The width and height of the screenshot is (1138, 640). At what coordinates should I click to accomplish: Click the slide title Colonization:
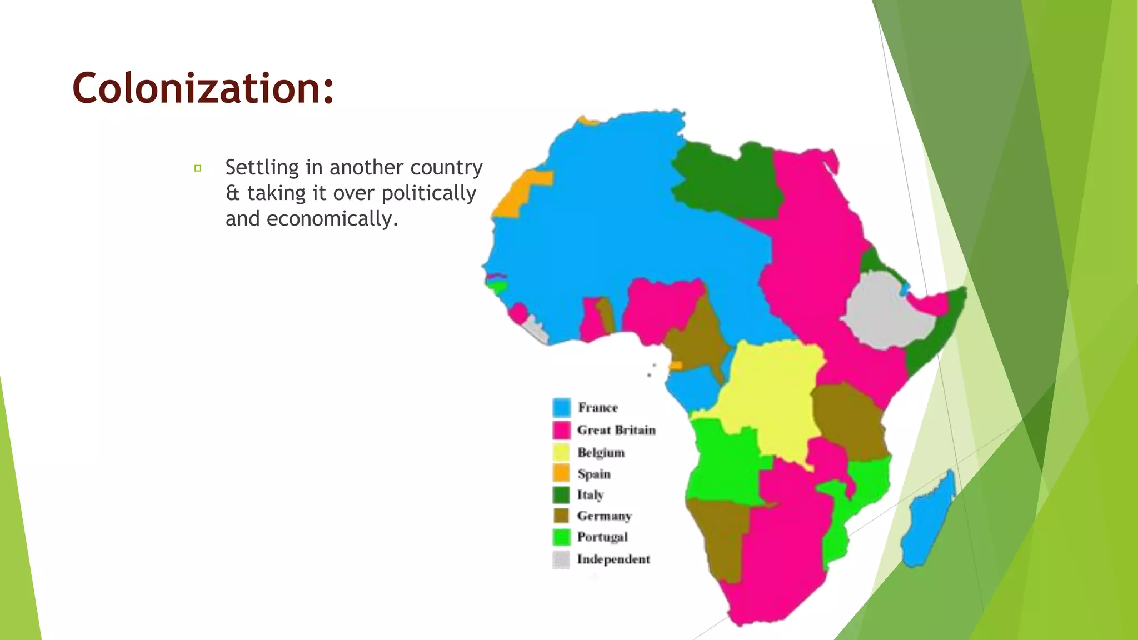coord(203,88)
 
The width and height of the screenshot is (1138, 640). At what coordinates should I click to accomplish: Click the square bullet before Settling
coord(198,168)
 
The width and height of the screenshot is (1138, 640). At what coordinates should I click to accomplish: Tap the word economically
coord(332,219)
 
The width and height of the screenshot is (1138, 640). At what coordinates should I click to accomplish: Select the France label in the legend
coord(597,407)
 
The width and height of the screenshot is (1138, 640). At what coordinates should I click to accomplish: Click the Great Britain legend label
coord(616,430)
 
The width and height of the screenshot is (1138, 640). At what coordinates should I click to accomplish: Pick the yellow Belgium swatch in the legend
coord(561,452)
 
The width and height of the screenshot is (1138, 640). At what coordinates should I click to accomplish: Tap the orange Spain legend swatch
coord(561,473)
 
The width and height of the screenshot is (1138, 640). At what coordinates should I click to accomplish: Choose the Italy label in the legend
coord(590,494)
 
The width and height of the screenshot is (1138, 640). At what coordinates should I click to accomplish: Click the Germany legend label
coord(604,516)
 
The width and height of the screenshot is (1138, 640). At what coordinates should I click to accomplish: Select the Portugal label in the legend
coord(602,537)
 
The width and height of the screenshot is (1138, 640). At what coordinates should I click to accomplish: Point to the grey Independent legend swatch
coord(561,559)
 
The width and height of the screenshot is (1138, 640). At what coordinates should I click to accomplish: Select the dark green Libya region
coord(728,178)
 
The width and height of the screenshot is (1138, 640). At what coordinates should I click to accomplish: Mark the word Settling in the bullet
coord(262,167)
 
